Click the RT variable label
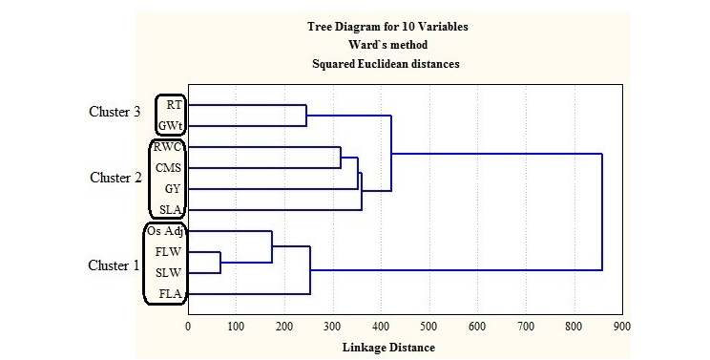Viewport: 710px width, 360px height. click(x=174, y=105)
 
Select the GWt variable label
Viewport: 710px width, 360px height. click(x=170, y=126)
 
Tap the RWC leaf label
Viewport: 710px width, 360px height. click(x=167, y=147)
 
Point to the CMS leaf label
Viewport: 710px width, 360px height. click(x=168, y=168)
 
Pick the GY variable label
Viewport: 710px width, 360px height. click(x=173, y=189)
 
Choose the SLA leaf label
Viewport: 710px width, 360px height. click(x=170, y=210)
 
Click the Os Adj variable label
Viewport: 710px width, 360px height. click(x=165, y=231)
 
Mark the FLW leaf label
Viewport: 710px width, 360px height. click(x=168, y=252)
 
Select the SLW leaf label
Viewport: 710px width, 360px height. click(x=169, y=273)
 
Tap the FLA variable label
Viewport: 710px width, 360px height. click(x=170, y=294)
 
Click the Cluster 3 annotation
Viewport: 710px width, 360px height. click(x=115, y=112)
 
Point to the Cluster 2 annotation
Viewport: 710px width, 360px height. click(x=115, y=178)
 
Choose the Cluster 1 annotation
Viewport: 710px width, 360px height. click(x=114, y=265)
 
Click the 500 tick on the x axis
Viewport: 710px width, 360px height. click(x=428, y=326)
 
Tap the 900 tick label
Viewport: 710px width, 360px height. click(x=621, y=326)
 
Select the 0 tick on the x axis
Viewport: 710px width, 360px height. click(x=188, y=326)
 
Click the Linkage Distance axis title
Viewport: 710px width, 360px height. click(x=388, y=348)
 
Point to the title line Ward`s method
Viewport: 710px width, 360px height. click(x=387, y=45)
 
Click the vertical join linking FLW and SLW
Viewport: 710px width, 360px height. click(x=220, y=263)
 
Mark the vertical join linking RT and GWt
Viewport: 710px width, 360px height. click(x=306, y=116)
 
